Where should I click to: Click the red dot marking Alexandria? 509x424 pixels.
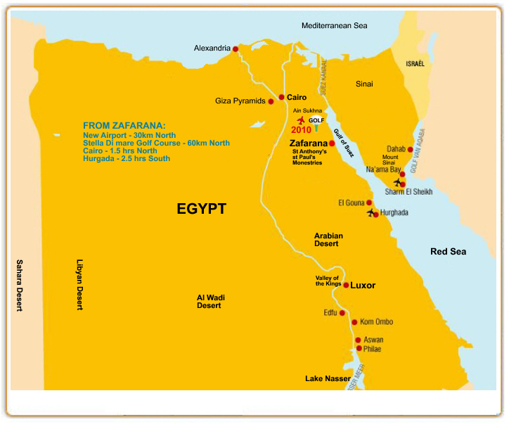236,49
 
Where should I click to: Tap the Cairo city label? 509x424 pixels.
297,97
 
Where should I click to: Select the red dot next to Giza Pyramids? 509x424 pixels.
271,101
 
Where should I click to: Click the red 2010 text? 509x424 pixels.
301,130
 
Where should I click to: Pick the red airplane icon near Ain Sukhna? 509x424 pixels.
302,120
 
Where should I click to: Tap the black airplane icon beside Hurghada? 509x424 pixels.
371,213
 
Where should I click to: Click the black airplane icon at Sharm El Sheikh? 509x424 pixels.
398,182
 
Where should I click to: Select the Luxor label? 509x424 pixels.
363,285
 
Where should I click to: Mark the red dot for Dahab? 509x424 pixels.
411,149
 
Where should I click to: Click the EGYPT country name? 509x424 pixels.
201,209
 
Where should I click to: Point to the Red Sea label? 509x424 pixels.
449,252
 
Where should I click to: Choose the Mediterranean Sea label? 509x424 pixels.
335,26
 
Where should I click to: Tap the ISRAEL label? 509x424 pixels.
415,64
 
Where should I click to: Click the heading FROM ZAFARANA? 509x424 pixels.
124,125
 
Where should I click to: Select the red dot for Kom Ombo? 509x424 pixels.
354,322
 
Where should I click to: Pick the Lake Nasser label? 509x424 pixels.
328,379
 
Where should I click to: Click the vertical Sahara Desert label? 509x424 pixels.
20,285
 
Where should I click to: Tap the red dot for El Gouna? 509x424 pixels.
369,203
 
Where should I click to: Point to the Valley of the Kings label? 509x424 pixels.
327,281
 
